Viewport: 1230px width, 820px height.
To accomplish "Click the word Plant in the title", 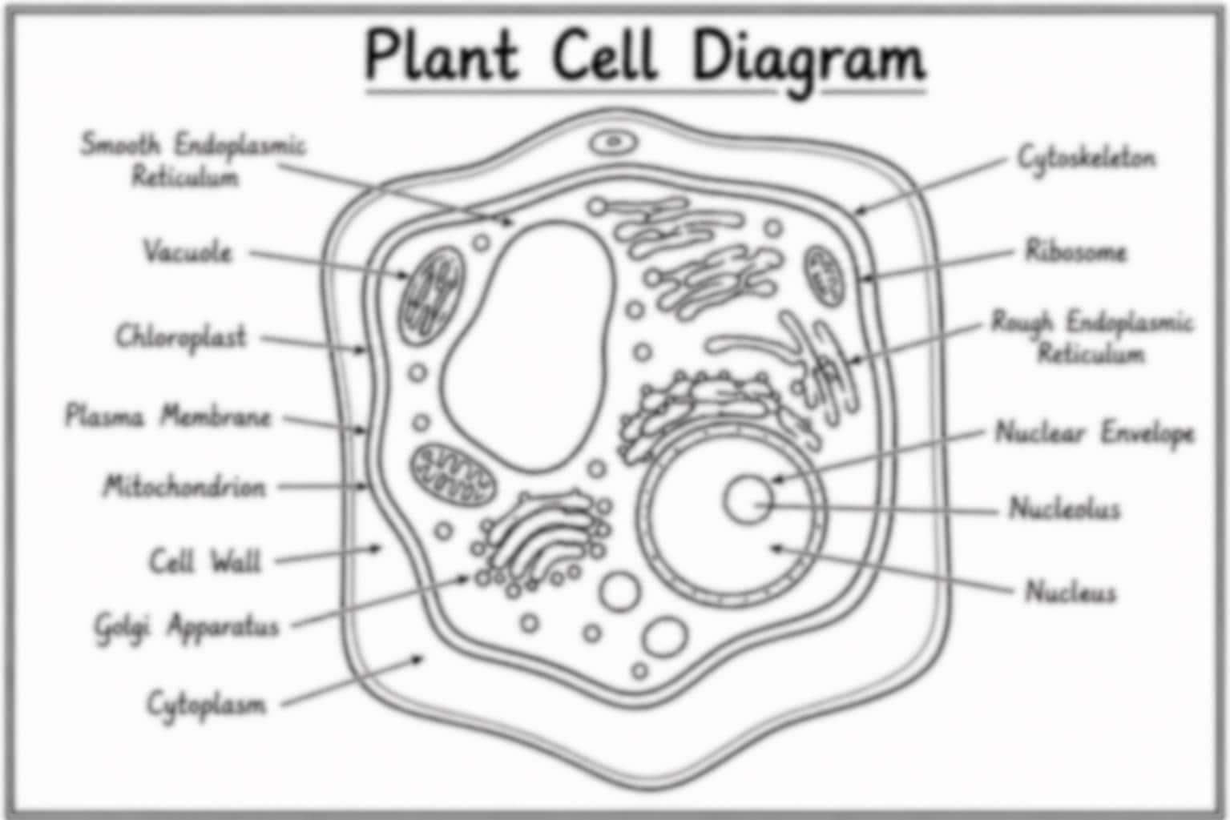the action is point(441,54).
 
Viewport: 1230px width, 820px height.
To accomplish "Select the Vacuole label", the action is point(188,251).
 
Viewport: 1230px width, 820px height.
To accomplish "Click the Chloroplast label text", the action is point(181,336).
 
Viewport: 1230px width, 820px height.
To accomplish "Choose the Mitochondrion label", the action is point(184,486).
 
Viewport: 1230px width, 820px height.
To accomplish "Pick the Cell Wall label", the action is point(205,561).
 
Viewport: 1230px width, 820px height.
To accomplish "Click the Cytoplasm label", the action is point(207,705).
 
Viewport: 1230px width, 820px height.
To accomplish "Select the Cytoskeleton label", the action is point(1087,159).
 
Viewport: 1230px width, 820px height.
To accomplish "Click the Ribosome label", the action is point(1075,251).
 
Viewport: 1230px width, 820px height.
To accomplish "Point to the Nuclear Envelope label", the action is point(1095,433).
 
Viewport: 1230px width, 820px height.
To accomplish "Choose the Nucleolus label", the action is point(1065,508).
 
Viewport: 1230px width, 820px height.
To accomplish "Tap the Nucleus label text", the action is point(1071,592).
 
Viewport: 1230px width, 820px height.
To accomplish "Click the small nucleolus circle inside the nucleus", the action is point(748,499).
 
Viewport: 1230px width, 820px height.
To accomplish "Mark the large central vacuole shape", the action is point(528,346).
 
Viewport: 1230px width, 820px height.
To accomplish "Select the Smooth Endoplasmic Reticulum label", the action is point(192,159).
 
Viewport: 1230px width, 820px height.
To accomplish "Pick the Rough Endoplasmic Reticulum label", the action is point(1091,336).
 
